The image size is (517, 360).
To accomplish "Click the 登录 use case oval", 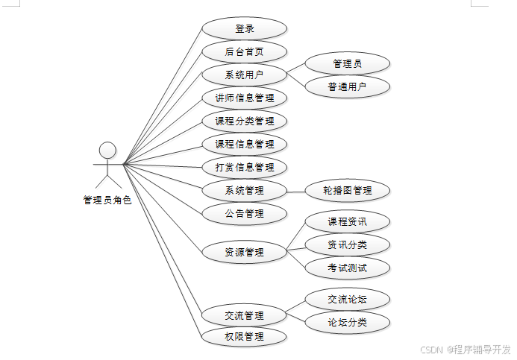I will coord(244,29).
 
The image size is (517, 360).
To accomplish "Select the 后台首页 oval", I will coord(244,52).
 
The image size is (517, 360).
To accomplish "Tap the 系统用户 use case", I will coord(244,75).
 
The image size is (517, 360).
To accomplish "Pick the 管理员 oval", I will coord(348,64).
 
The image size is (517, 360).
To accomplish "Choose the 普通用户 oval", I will coord(348,86).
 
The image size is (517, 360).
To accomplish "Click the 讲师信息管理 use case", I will coord(244,98).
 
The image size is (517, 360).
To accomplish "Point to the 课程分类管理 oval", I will coord(244,121).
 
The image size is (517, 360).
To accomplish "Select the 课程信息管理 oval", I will coord(244,144).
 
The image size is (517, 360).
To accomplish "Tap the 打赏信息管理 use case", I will coord(244,167).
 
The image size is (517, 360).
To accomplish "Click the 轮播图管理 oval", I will coord(348,190).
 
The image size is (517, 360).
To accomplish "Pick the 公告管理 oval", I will coord(244,213).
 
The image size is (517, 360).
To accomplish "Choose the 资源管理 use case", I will coord(244,252).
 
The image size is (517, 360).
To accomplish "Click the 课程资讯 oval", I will coord(348,221).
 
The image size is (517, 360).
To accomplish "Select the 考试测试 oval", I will coord(348,268).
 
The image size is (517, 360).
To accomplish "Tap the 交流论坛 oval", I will coord(348,300).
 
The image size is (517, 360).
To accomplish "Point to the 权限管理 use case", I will coord(244,336).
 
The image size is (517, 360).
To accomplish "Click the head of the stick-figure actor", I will coord(108,149).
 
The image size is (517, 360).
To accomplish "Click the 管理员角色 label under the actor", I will coord(107,200).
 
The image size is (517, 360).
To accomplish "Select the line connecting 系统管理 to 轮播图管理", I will coord(295,190).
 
